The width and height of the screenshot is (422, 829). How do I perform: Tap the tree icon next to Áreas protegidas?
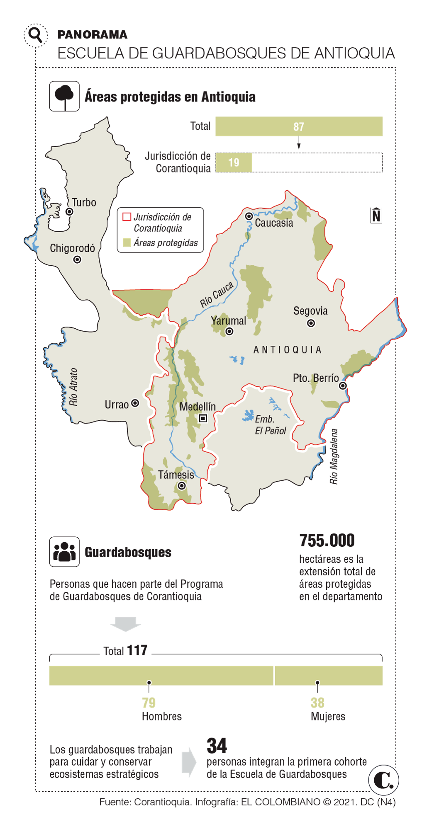tap(64, 97)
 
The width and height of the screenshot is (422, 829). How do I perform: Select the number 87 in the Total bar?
tap(299, 127)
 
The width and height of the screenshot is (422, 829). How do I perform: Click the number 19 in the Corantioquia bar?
tap(234, 162)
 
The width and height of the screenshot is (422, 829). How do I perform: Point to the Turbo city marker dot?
tap(70, 212)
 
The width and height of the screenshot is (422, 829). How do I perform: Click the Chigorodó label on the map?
tap(72, 248)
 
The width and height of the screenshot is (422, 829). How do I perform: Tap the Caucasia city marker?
tap(249, 216)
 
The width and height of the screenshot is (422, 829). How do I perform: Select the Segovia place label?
tap(310, 311)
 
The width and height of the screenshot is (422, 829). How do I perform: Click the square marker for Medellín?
tap(203, 418)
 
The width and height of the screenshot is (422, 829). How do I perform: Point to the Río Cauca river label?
tap(217, 295)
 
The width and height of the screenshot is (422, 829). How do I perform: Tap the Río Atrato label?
tap(73, 387)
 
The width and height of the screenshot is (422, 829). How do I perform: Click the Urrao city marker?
tap(135, 403)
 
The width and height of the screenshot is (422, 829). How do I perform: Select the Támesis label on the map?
tap(176, 475)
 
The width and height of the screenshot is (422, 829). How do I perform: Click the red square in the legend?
tap(127, 217)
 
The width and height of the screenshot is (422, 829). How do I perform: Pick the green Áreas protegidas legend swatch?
tap(127, 242)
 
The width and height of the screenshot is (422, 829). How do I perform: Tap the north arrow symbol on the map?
tap(376, 215)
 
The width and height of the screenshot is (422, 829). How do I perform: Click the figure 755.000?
tap(327, 541)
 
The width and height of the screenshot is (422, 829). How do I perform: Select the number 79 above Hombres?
tap(149, 703)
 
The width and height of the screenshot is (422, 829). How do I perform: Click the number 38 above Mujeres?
tap(317, 703)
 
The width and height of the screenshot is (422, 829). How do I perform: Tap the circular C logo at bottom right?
tap(383, 780)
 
